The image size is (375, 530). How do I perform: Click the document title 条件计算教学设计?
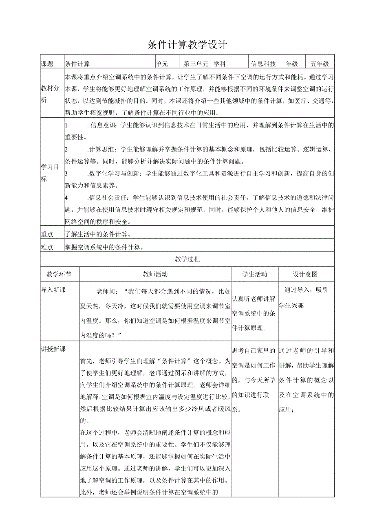click(187, 44)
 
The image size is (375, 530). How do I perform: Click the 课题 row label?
click(47, 64)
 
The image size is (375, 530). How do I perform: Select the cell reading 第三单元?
click(196, 64)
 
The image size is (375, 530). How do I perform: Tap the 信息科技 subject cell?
click(263, 64)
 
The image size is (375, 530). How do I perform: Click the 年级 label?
click(292, 64)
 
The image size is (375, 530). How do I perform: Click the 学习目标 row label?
click(50, 173)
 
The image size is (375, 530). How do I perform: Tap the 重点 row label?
click(47, 234)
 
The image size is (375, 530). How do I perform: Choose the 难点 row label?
click(47, 247)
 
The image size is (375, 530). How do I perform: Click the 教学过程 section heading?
click(187, 259)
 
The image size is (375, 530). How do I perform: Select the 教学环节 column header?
click(59, 274)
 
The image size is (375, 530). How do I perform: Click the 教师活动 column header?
click(155, 274)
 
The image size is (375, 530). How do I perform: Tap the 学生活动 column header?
click(255, 274)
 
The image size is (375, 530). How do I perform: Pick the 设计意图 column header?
click(305, 274)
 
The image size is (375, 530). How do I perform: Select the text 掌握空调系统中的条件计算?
click(104, 247)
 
